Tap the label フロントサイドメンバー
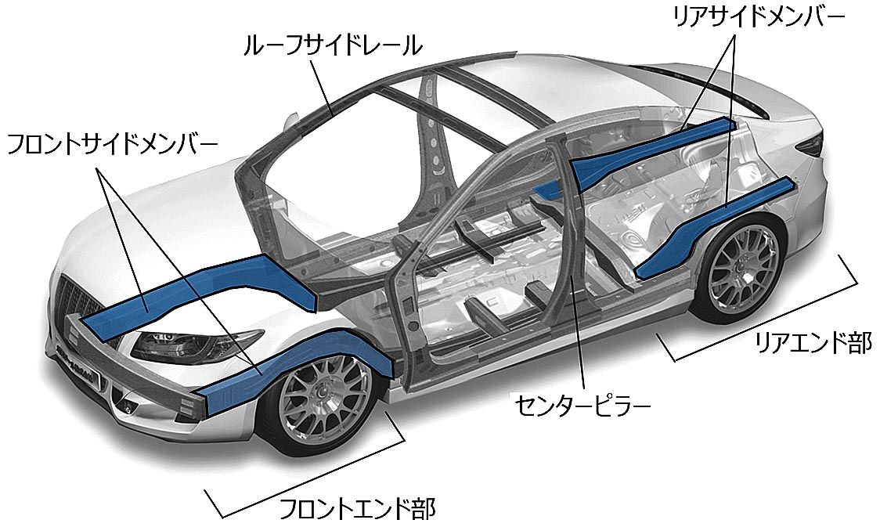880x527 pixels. tap(112, 145)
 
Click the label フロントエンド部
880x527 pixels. tap(357, 509)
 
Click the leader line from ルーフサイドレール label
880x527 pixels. tap(323, 87)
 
